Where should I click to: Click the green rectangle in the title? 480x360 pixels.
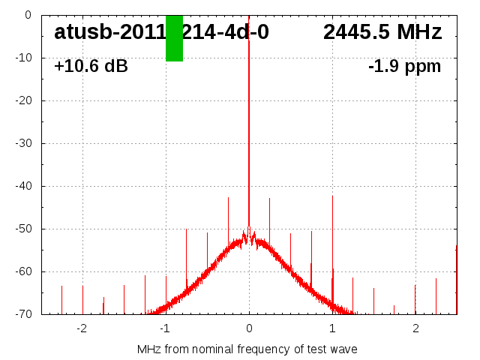click(174, 38)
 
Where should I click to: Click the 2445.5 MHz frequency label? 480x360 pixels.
click(382, 32)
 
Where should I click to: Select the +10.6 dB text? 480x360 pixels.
click(91, 67)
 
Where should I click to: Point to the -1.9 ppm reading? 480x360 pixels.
click(404, 67)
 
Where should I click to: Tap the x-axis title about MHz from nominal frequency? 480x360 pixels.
click(247, 349)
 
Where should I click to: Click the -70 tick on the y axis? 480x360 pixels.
click(24, 314)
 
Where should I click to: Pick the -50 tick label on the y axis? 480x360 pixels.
click(24, 229)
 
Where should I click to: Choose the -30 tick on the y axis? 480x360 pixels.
click(24, 143)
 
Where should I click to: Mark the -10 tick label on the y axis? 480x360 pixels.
click(24, 58)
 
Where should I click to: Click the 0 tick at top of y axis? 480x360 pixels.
click(28, 15)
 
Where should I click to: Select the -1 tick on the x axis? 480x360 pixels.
click(164, 328)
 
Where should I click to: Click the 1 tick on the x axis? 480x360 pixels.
click(332, 328)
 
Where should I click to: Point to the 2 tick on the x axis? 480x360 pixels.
click(415, 328)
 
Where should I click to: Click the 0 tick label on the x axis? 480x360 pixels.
click(249, 328)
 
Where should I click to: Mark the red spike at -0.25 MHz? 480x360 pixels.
click(228, 217)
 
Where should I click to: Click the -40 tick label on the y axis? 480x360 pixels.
click(24, 186)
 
